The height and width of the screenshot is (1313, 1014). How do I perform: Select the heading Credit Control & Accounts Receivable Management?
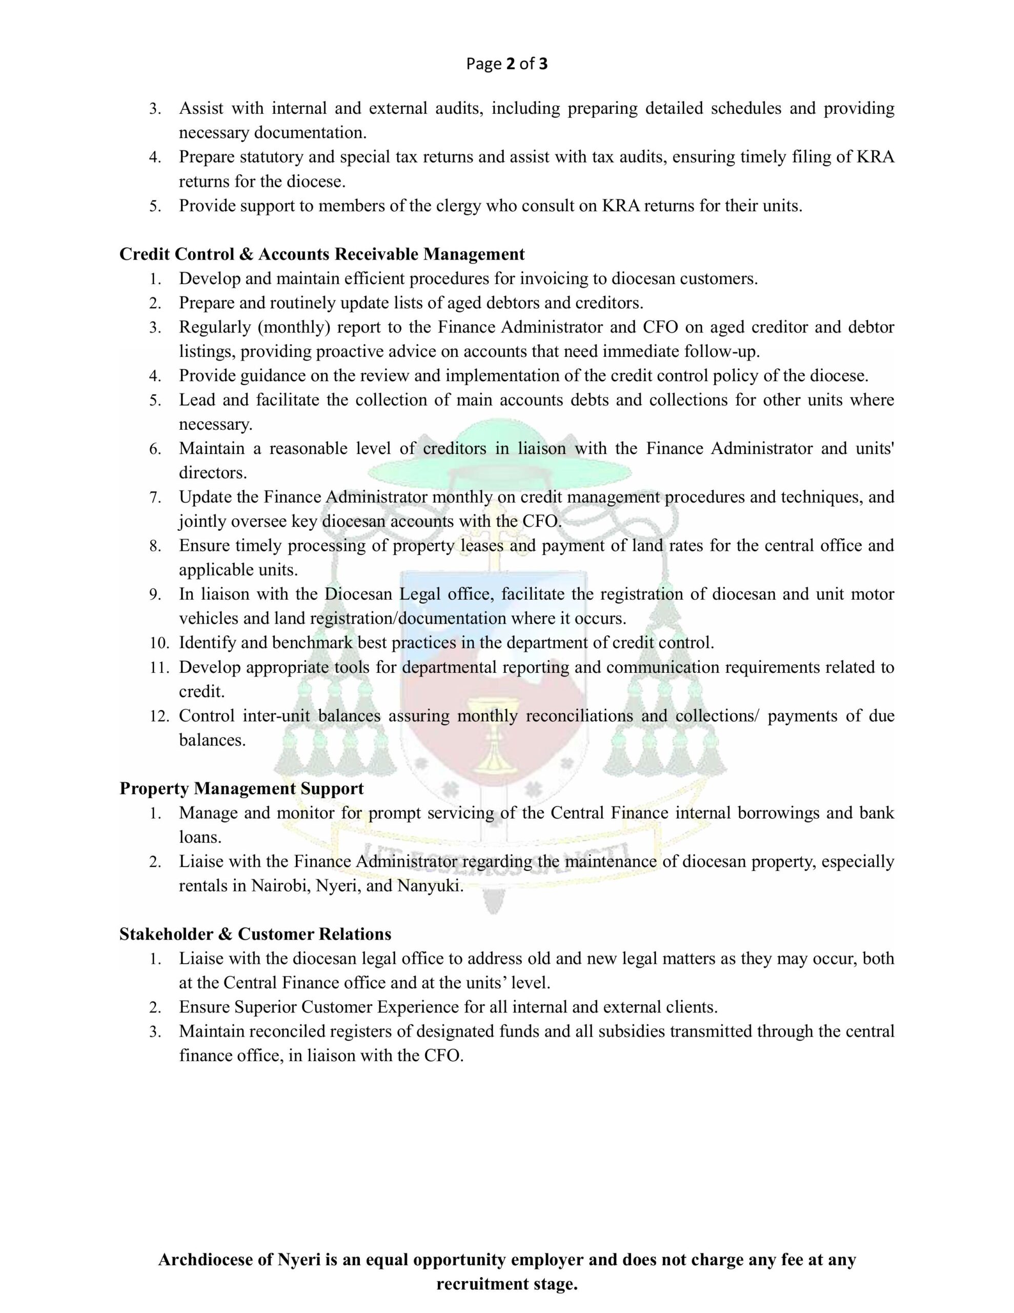click(321, 254)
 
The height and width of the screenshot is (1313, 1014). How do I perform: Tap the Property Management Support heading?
click(241, 788)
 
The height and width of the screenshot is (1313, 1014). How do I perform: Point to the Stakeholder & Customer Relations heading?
click(255, 933)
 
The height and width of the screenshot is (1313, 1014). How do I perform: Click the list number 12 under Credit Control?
click(159, 716)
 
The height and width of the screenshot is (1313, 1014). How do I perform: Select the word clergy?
click(453, 206)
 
